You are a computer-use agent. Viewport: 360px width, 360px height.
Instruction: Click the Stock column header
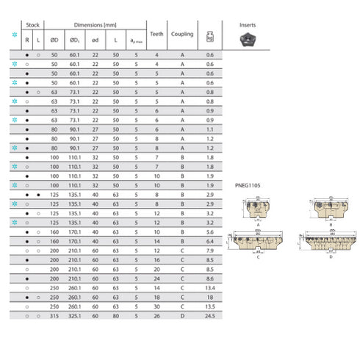coord(32,24)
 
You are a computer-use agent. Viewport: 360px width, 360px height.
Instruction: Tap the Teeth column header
coord(156,34)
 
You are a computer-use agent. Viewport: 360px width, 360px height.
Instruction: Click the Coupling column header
coord(182,34)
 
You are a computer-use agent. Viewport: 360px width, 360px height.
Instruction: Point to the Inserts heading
coord(248,24)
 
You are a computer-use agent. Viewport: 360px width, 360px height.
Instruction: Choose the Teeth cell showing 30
coord(156,306)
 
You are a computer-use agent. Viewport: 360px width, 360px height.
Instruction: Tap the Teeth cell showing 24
coord(156,278)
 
